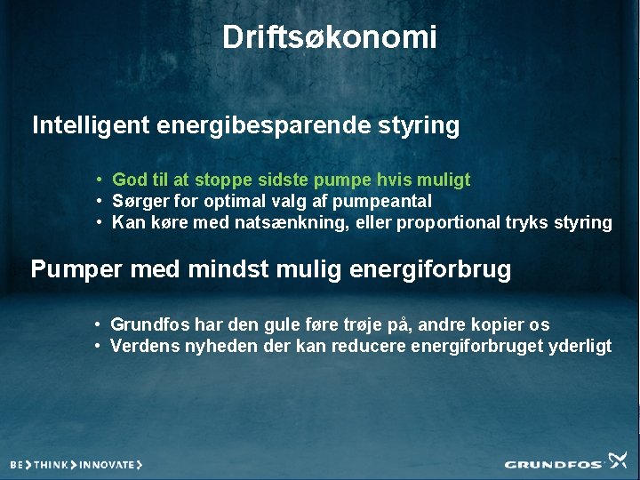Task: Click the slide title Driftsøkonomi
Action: coord(329,37)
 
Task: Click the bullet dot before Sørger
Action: coord(102,202)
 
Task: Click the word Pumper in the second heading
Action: coord(76,269)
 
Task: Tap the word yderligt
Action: coord(578,346)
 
